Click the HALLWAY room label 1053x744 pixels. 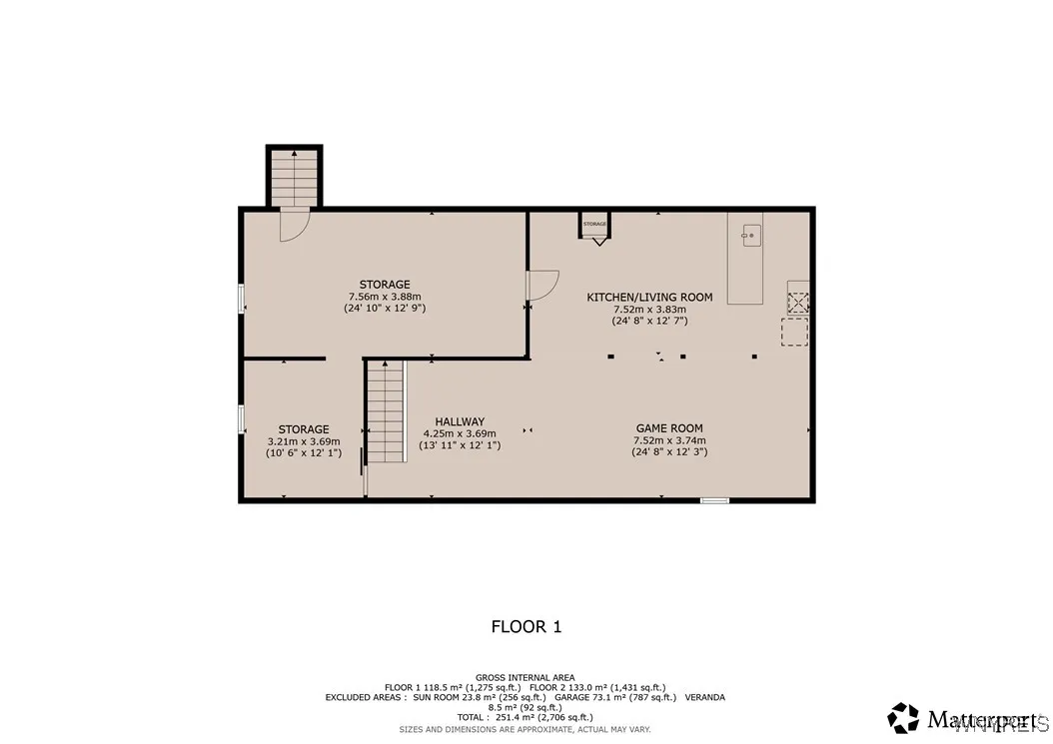click(x=460, y=421)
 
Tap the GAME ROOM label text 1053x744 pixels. click(x=668, y=427)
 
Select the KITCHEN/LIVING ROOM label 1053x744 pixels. click(x=649, y=297)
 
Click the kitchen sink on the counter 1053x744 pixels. click(x=750, y=236)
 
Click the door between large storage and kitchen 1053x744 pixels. click(x=541, y=286)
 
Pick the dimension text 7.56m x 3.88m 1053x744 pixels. click(x=385, y=297)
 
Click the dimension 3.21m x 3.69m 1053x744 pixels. click(x=304, y=441)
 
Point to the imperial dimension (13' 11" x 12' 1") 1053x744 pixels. click(x=460, y=445)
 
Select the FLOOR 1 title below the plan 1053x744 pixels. click(x=526, y=627)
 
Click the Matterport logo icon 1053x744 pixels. click(x=903, y=717)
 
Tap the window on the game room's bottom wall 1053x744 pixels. click(x=714, y=499)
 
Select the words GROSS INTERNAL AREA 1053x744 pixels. click(x=526, y=678)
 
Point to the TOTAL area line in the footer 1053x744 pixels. click(x=526, y=717)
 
